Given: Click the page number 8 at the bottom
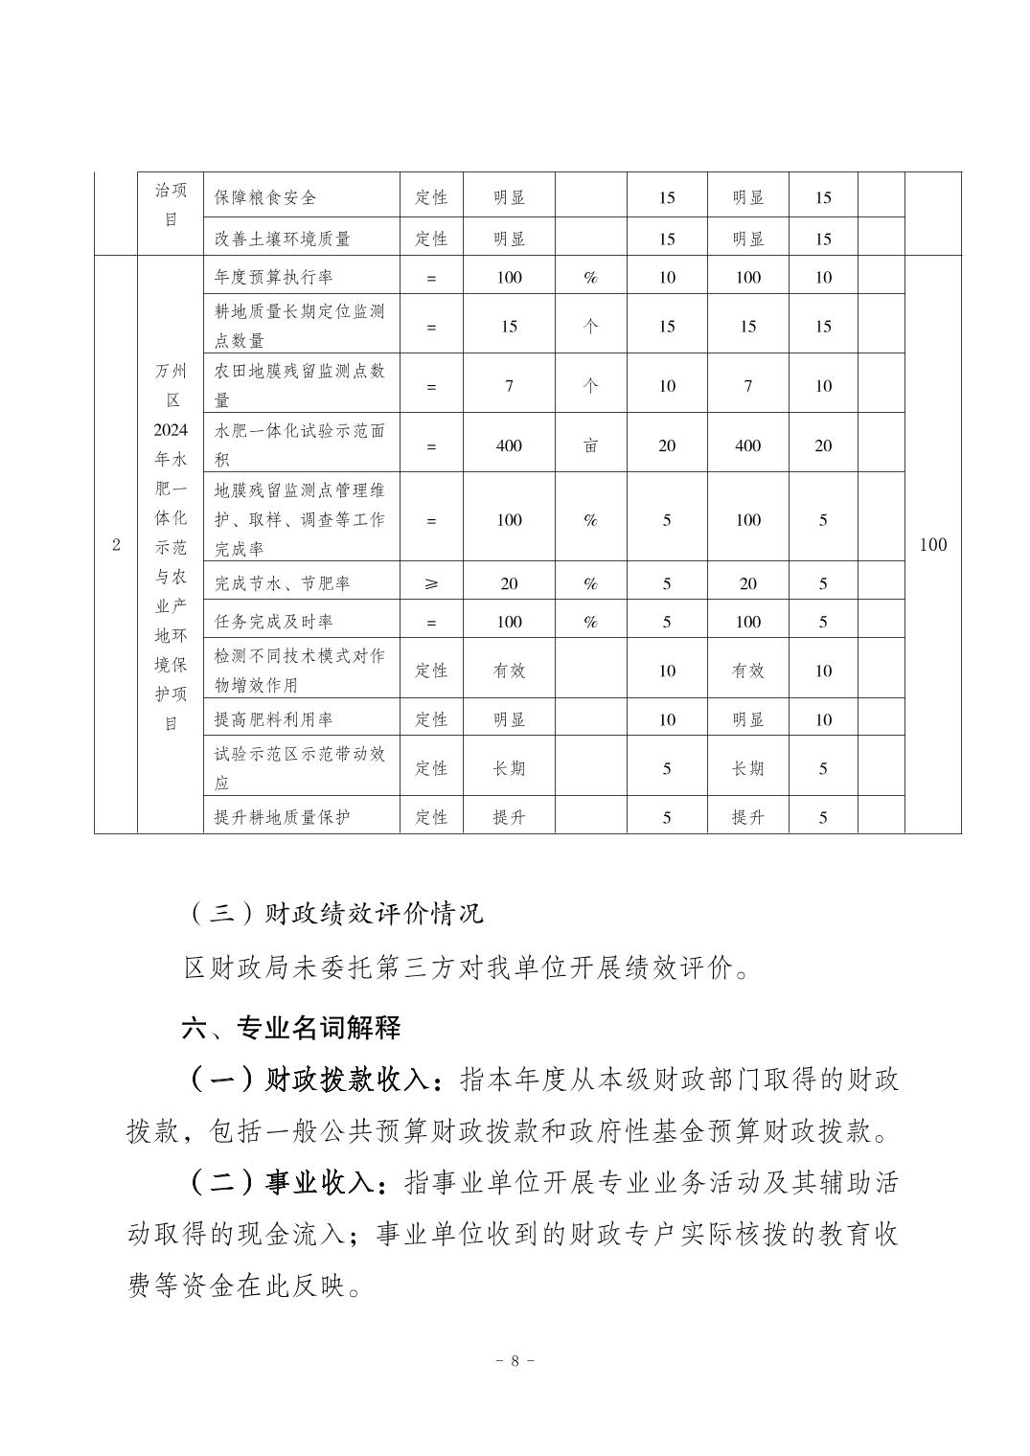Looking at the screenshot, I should [x=515, y=1360].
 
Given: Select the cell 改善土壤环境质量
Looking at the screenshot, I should [x=283, y=239].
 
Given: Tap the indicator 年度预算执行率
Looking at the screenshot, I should [x=274, y=278].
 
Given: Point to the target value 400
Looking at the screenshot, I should [x=509, y=445].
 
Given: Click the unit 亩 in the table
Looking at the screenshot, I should [x=590, y=445].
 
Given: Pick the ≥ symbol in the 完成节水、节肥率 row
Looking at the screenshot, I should [x=431, y=583].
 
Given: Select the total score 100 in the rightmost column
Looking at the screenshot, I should [x=932, y=545].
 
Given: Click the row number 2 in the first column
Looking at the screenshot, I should [x=116, y=545].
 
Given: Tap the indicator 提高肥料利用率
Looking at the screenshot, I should [x=274, y=719].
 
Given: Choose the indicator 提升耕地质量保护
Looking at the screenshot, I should [x=283, y=817].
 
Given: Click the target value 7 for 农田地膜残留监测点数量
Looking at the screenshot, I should [x=509, y=386].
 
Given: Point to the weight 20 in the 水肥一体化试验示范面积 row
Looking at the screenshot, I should [x=667, y=445].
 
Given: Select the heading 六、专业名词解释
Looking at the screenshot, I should [x=291, y=1028].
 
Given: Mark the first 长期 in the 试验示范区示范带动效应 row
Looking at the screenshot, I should [x=509, y=768].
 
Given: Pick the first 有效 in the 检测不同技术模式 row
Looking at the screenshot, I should [x=509, y=671].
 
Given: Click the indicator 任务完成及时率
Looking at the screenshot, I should [x=274, y=622].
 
